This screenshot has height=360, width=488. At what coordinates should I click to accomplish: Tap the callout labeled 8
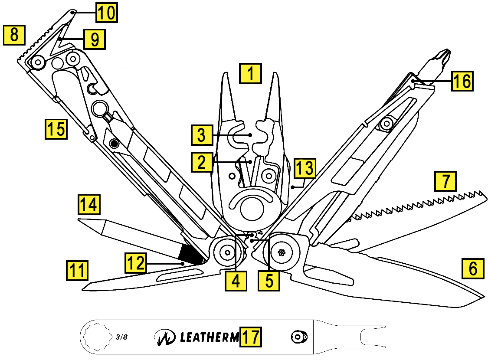pos(14,35)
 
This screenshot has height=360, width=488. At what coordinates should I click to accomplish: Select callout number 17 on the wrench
pos(251,337)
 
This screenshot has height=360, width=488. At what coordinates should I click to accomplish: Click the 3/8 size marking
pos(122,337)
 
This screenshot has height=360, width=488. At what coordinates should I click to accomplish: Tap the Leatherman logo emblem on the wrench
pos(165,337)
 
